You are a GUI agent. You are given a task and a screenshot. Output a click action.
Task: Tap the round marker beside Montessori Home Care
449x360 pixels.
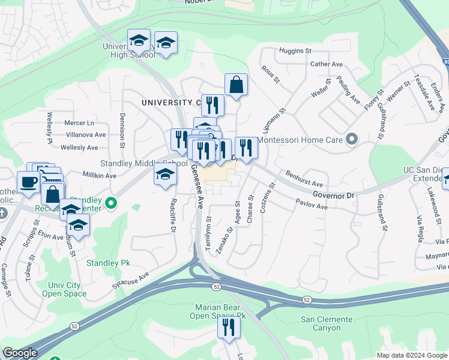[x=352, y=140]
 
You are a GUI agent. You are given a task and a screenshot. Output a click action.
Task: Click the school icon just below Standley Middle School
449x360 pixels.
[x=166, y=176]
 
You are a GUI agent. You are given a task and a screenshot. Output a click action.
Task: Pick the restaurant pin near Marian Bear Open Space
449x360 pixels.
[x=229, y=328]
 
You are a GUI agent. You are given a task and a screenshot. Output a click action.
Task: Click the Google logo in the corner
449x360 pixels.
[x=20, y=353]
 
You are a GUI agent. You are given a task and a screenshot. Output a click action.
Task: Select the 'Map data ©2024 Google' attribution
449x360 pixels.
[x=411, y=355]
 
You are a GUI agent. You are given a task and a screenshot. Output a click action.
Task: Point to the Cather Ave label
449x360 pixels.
[x=326, y=64]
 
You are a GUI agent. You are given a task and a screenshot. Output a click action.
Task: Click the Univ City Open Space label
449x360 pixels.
[x=64, y=290]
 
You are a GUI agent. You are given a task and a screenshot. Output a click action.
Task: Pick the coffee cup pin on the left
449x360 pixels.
[x=28, y=181]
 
